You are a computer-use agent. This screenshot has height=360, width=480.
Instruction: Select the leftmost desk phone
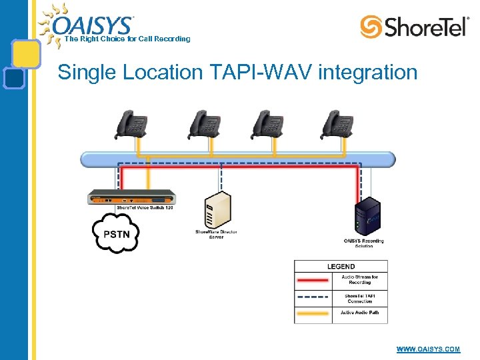coord(133,124)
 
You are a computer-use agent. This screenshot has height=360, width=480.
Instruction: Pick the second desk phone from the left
coord(204,124)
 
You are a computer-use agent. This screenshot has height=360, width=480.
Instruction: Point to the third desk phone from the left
coord(267,124)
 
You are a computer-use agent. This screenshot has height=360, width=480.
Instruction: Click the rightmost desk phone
coord(337,124)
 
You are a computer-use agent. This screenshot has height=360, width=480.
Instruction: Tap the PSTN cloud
coord(116,233)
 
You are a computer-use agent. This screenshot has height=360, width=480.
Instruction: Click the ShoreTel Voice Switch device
coord(131,197)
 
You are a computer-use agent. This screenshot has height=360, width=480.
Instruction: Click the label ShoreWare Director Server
coord(216,234)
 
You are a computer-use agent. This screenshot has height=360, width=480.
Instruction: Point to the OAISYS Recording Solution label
coord(364,243)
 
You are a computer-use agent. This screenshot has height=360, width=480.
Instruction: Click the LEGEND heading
coord(341,267)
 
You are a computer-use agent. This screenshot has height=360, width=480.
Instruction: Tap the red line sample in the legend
coord(313,280)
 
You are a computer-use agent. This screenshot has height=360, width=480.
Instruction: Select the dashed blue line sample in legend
coord(313,297)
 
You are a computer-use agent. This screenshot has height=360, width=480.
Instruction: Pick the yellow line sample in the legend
coord(313,313)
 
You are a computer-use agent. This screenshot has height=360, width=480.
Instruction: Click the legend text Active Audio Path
coord(360,313)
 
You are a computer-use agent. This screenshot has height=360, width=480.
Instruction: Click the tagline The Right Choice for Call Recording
coord(127,39)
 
